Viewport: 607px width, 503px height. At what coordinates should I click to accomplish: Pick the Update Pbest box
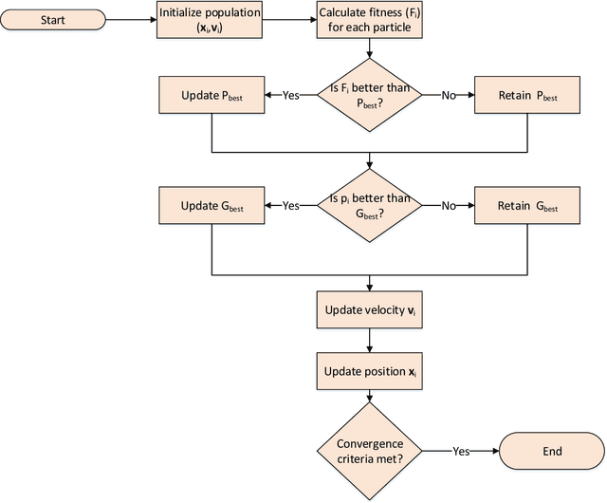[x=211, y=96]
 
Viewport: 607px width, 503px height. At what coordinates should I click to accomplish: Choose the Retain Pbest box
[x=527, y=96]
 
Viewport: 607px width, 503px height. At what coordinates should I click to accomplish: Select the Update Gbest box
[x=211, y=205]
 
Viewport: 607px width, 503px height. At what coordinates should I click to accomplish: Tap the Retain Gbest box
[x=527, y=205]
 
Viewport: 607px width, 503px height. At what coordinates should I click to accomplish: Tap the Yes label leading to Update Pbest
[x=291, y=96]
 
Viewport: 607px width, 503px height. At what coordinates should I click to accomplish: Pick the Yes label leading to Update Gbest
[x=291, y=205]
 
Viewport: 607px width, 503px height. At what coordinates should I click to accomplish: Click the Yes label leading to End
[x=462, y=452]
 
